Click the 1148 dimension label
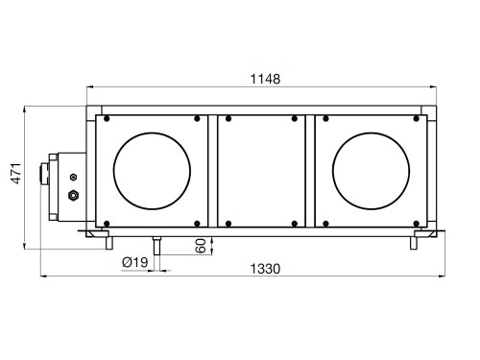(x=265, y=79)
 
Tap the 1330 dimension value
(x=265, y=269)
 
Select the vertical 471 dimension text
(x=16, y=173)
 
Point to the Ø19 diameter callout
(x=135, y=262)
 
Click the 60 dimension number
(x=201, y=246)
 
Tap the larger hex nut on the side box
(x=74, y=195)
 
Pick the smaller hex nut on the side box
(x=73, y=177)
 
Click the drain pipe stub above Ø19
(x=156, y=246)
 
